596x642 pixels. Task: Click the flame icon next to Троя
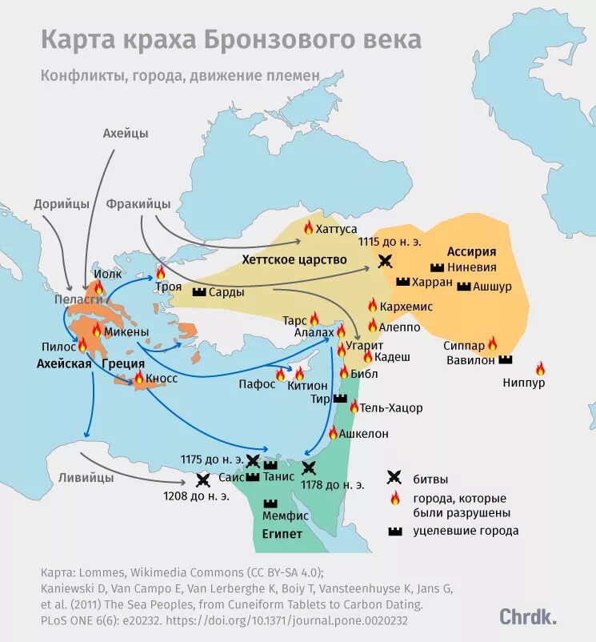pos(160,273)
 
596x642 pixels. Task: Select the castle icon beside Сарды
pos(199,293)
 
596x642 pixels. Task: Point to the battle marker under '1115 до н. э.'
pos(386,260)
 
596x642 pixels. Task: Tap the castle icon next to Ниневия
pos(437,267)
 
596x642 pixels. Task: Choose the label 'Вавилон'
pos(471,360)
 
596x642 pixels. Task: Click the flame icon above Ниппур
pos(540,368)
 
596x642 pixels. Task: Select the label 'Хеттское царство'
pos(294,260)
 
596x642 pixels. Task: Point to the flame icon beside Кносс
pos(138,378)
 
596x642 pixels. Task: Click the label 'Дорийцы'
pos(62,203)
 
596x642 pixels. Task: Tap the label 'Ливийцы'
pos(86,477)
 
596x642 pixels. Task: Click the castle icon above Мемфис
pos(270,504)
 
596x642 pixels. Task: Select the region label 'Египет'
pos(282,534)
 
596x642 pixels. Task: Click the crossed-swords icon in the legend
pos(394,478)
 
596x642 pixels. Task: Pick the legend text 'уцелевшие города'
pos(466,531)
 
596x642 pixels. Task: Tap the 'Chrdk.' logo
pos(528,616)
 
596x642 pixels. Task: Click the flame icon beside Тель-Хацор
pos(354,407)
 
